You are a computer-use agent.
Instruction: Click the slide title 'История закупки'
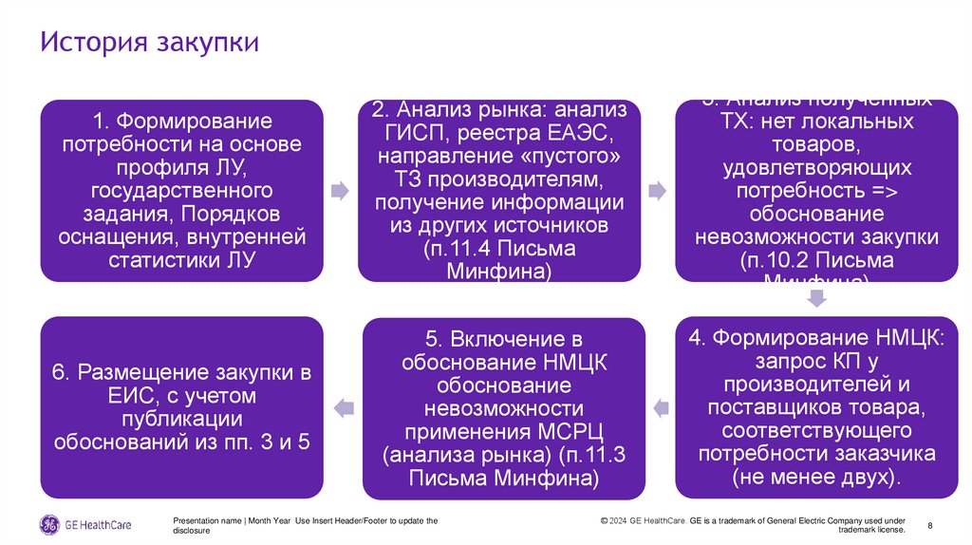click(150, 44)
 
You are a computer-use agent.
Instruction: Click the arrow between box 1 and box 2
click(339, 191)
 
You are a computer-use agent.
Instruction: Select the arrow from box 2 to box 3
click(656, 191)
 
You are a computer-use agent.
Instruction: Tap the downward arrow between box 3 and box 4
click(815, 299)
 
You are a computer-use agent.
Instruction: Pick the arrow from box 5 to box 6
click(343, 408)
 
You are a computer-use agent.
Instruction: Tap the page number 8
click(929, 525)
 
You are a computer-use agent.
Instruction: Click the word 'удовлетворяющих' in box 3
click(817, 168)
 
